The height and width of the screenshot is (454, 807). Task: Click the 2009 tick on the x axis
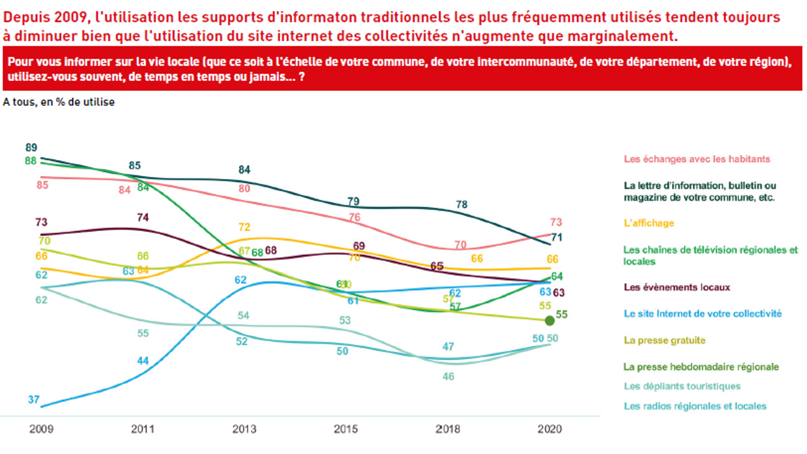tap(41, 429)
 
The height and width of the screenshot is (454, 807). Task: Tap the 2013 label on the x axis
tap(244, 429)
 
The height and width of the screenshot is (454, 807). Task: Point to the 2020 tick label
tap(549, 429)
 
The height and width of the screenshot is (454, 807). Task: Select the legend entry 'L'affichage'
tap(649, 223)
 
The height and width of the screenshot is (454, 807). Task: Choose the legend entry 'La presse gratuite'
tap(664, 340)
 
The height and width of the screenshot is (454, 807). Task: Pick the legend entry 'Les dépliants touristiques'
tap(682, 386)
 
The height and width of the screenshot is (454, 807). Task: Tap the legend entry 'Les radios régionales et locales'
tap(695, 406)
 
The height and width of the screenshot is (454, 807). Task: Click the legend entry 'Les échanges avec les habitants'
tap(697, 159)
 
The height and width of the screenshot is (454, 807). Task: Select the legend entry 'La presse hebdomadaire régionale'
tap(701, 366)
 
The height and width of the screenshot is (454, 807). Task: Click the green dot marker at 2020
tap(549, 320)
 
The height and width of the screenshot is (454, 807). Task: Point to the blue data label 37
tap(33, 399)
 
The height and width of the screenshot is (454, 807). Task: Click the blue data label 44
tap(143, 361)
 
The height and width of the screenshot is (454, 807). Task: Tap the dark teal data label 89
tap(31, 148)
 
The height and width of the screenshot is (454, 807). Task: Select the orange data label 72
tap(245, 227)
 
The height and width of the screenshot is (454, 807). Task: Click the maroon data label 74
tap(143, 218)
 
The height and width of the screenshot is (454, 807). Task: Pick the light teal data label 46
tap(448, 376)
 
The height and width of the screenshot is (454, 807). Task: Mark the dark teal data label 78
tap(462, 204)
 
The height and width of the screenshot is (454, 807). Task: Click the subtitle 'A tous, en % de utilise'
tap(59, 102)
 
